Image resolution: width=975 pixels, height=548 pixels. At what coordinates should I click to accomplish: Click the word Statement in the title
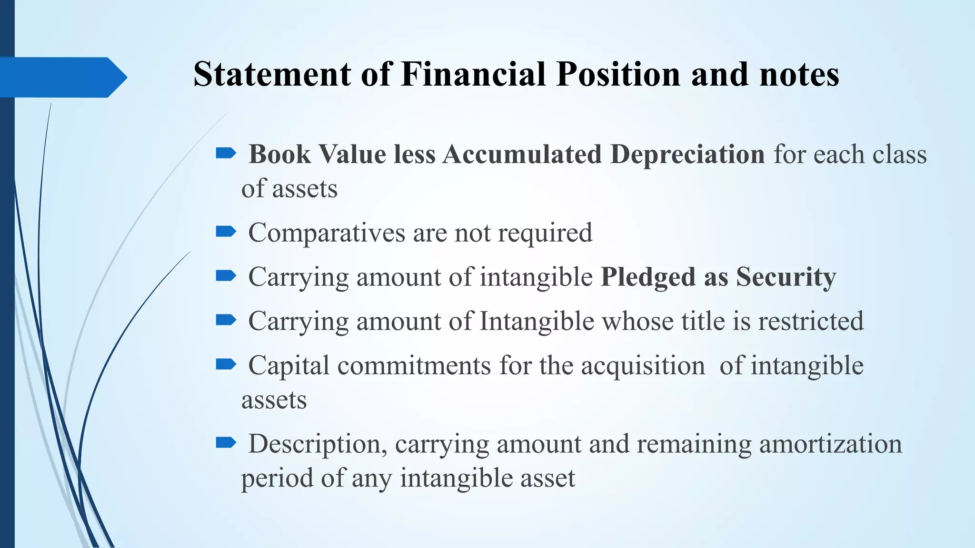[x=272, y=74]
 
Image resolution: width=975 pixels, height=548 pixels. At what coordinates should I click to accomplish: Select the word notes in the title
[x=799, y=74]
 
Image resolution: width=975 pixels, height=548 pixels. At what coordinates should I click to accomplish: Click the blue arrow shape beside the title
[x=62, y=77]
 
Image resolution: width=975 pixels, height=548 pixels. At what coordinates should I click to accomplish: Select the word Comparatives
[x=326, y=233]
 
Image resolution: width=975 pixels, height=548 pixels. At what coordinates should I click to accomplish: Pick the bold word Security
[x=786, y=277]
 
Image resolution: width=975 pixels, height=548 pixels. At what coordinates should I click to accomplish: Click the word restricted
[x=811, y=321]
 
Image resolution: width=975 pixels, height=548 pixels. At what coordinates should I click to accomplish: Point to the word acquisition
[x=643, y=366]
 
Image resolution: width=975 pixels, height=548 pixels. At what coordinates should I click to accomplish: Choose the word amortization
[x=830, y=444]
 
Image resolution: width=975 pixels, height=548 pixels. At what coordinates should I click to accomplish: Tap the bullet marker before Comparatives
[x=226, y=232]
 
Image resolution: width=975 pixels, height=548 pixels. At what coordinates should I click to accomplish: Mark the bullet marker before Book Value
[x=226, y=153]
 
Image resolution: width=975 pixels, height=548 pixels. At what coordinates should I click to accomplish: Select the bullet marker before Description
[x=226, y=443]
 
